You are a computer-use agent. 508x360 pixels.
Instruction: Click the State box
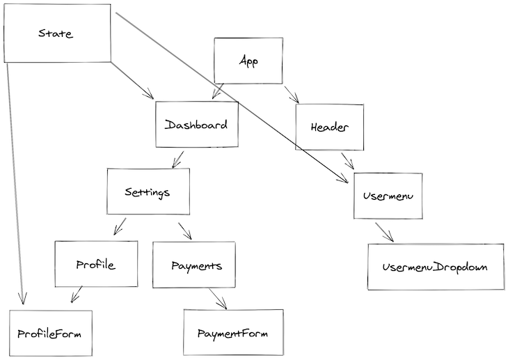coord(56,33)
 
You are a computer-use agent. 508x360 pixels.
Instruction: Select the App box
coord(248,61)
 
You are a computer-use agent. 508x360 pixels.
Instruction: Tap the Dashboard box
coord(196,125)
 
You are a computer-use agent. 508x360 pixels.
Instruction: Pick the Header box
coord(329,127)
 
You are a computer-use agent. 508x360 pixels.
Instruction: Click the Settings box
coord(148,191)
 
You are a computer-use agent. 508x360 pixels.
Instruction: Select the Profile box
coord(95,265)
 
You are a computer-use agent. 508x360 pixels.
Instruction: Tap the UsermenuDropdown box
coord(435,267)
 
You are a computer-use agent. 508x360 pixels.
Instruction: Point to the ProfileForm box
coord(50,333)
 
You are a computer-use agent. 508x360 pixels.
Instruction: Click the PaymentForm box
coord(233,333)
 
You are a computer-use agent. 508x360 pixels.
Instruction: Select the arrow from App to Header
coord(291,94)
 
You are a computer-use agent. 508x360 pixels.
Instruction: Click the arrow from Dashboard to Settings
coord(178,159)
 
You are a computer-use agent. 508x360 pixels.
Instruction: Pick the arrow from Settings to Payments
coord(184,230)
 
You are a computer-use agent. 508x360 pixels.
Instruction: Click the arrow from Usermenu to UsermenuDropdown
coord(384,233)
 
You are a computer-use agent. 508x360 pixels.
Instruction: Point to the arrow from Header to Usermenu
coord(347,161)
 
